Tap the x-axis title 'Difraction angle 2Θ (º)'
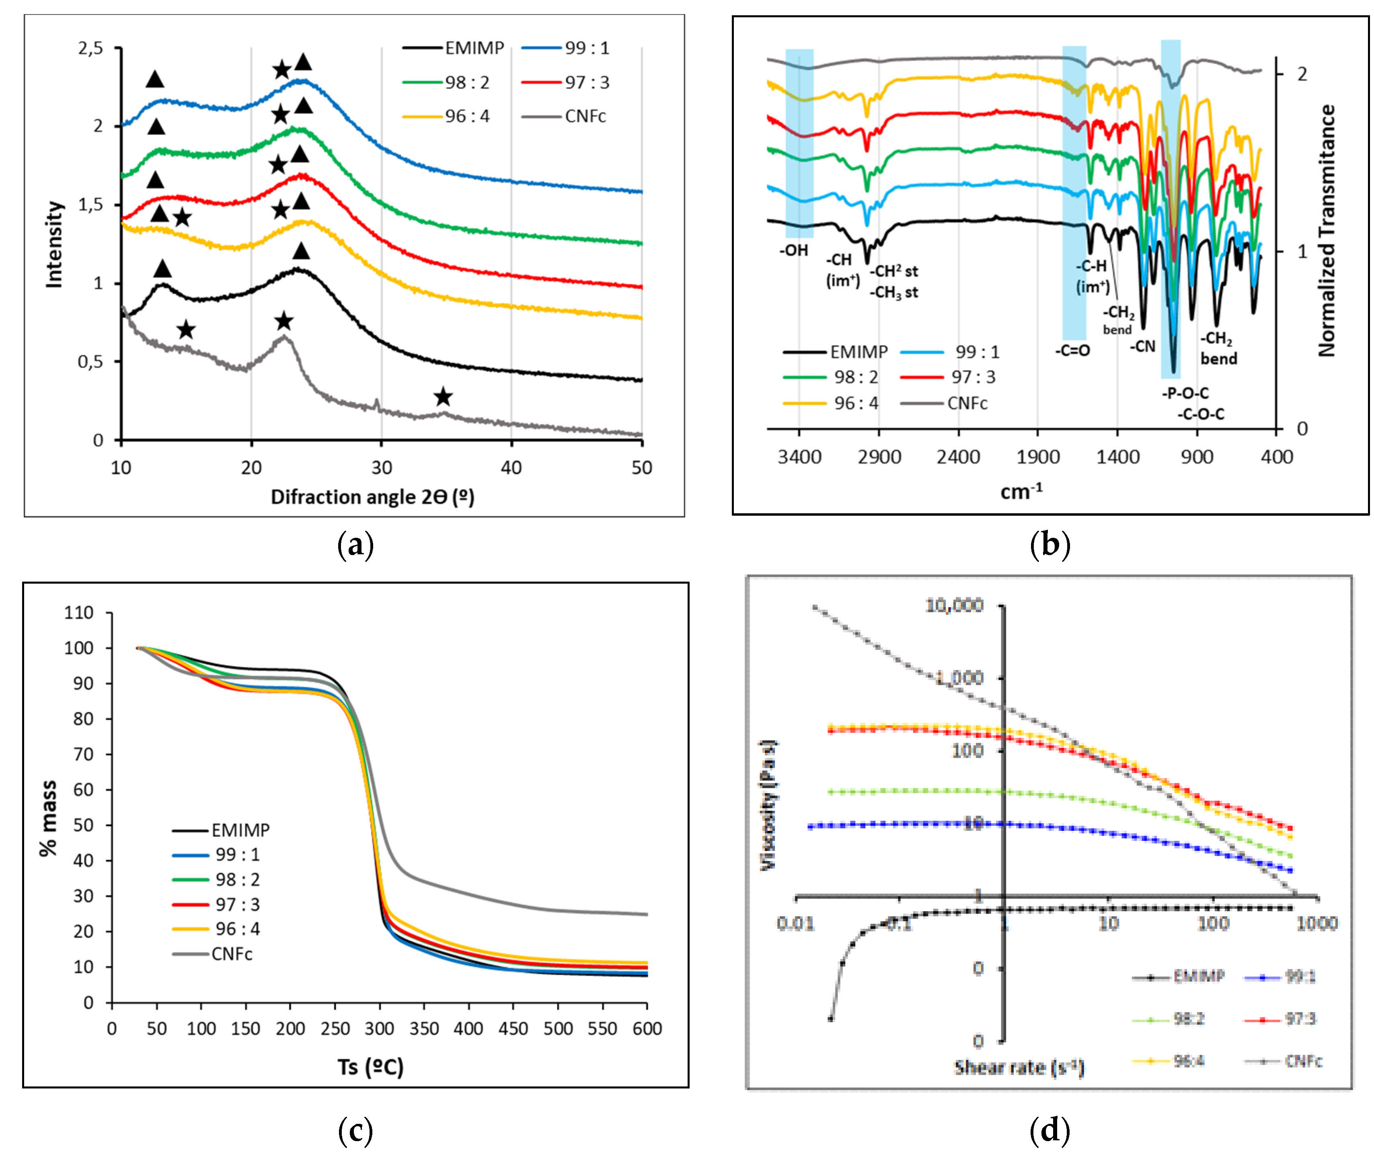coord(372,497)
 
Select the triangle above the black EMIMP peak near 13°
coord(162,269)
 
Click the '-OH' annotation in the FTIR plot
coord(794,250)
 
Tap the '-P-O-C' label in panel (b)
coord(1185,393)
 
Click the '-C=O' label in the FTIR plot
coord(1072,350)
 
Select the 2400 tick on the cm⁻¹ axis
coord(958,457)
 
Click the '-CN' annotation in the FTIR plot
coord(1143,346)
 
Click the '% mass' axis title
coord(49,818)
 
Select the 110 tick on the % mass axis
coord(79,613)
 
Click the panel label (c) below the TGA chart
coord(355,1130)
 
